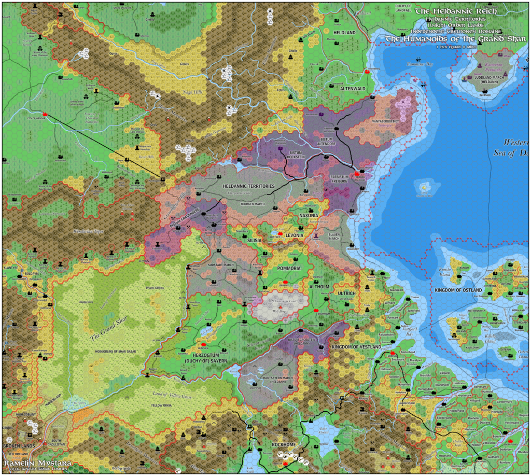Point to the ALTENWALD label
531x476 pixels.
pos(353,89)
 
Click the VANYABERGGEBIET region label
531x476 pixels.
pos(373,119)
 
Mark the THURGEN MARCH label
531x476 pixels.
pos(253,204)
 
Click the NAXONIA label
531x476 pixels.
pos(309,215)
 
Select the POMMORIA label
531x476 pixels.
pos(289,268)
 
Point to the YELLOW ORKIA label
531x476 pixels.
pos(161,405)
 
